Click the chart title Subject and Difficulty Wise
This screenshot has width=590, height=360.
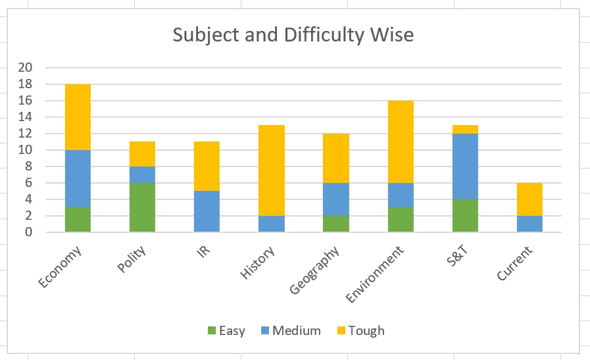tap(293, 34)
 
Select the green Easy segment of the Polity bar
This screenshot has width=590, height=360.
tap(142, 207)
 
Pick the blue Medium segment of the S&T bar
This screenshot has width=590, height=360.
tap(465, 166)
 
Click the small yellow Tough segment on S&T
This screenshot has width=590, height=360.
tap(465, 129)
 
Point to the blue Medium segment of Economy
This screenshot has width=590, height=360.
tap(78, 178)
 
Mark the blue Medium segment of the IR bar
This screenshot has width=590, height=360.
tap(207, 211)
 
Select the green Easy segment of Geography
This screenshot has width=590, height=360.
tap(336, 224)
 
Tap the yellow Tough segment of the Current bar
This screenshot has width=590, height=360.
tap(529, 199)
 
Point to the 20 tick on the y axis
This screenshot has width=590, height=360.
tap(26, 67)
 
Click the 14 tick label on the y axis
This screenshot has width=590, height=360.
tap(26, 117)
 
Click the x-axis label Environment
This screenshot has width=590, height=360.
tap(376, 273)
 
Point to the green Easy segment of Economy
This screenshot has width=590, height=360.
tap(78, 220)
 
